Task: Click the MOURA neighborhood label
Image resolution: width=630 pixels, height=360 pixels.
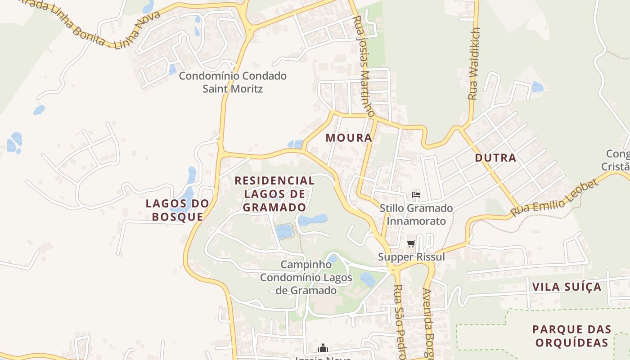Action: click(x=349, y=138)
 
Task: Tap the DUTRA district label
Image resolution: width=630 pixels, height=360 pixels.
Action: click(x=495, y=158)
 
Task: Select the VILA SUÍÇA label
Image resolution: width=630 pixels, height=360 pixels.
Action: click(x=567, y=287)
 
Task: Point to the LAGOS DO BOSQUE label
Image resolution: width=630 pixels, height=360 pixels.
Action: click(x=177, y=210)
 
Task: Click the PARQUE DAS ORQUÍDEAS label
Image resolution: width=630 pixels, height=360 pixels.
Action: click(x=570, y=336)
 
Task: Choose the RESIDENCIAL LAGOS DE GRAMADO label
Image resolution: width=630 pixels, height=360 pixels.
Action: click(x=274, y=194)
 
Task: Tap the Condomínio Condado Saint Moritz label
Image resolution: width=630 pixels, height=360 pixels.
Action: click(x=233, y=82)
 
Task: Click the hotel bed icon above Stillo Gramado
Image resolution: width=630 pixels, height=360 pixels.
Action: click(x=416, y=195)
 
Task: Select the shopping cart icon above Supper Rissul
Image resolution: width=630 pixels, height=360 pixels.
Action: click(x=411, y=244)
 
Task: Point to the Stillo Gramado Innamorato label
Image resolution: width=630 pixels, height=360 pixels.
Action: click(x=416, y=215)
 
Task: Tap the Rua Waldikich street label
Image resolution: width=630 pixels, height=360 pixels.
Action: click(x=473, y=63)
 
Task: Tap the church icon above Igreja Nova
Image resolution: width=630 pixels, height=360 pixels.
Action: click(x=323, y=348)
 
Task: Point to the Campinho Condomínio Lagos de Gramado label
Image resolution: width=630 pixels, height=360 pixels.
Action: click(x=306, y=277)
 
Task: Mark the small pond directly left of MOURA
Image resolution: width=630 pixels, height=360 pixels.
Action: click(x=295, y=144)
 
